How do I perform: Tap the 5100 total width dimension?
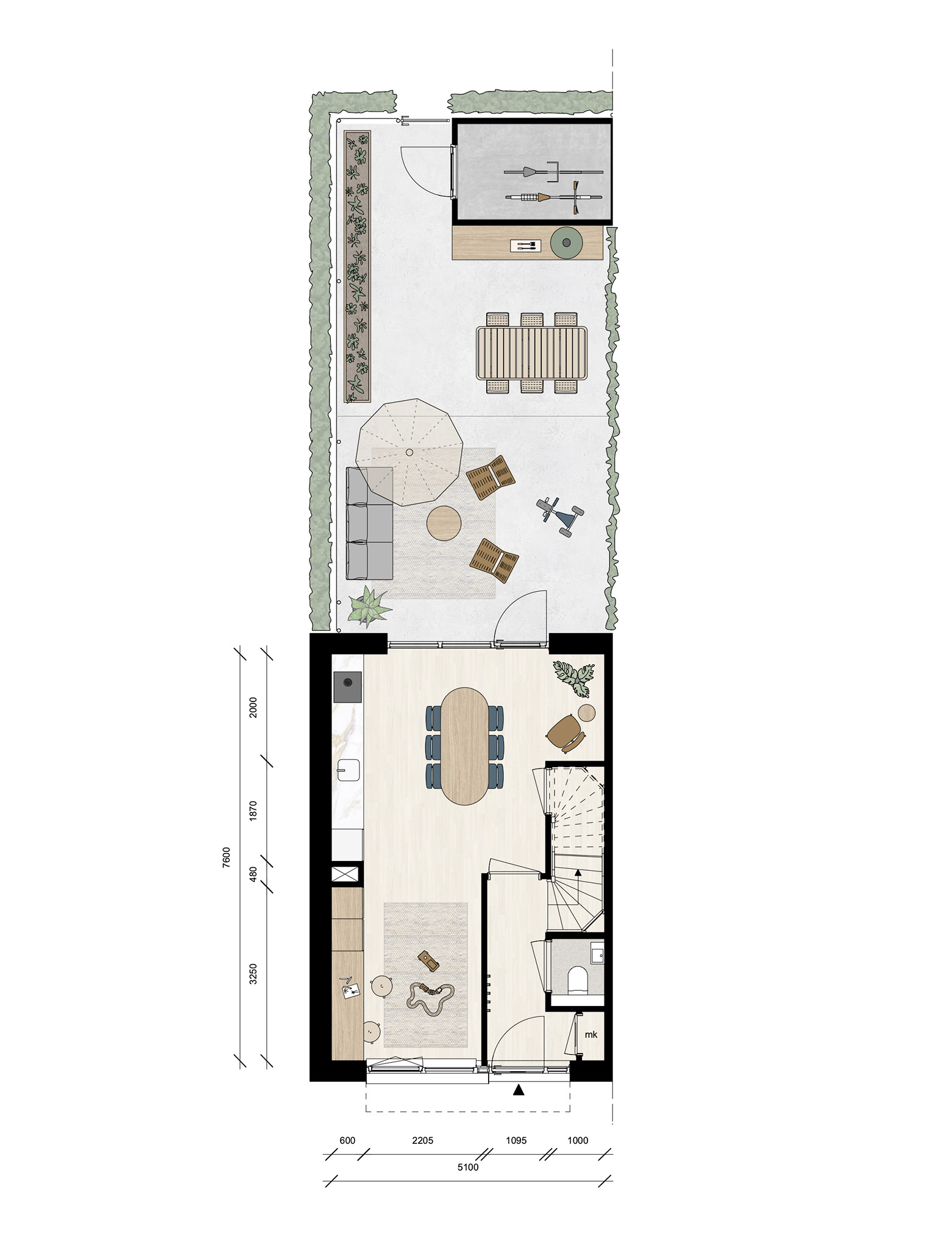[468, 1167]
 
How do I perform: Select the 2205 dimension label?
[422, 1140]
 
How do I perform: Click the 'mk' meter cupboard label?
[590, 1034]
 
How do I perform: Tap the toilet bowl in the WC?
[576, 979]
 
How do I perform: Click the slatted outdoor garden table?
[531, 353]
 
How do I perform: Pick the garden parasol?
[409, 452]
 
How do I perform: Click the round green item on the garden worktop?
[567, 243]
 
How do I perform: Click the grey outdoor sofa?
[369, 523]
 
